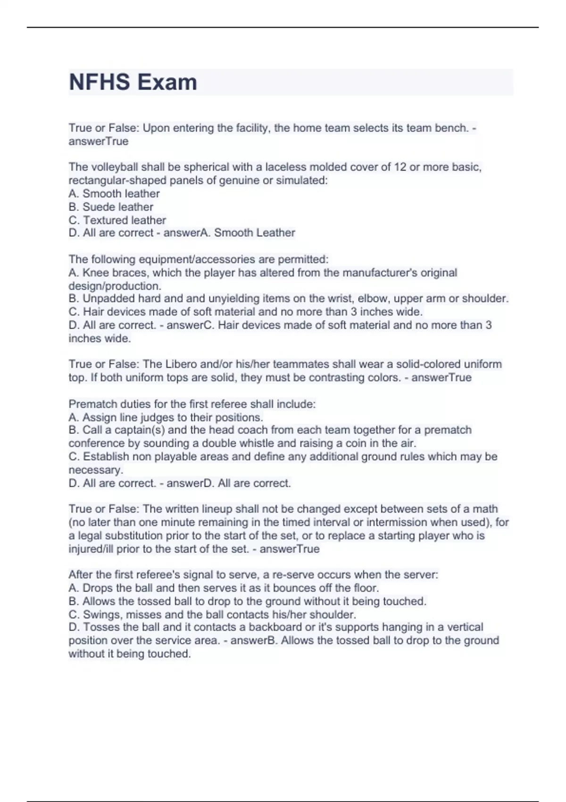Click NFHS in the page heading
[100, 82]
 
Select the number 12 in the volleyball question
[400, 167]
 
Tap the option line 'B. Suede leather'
[111, 207]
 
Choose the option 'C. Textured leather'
[117, 220]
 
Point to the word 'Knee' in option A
[95, 273]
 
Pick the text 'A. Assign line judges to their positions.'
[166, 417]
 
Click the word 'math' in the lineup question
[485, 509]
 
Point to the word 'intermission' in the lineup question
[396, 522]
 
